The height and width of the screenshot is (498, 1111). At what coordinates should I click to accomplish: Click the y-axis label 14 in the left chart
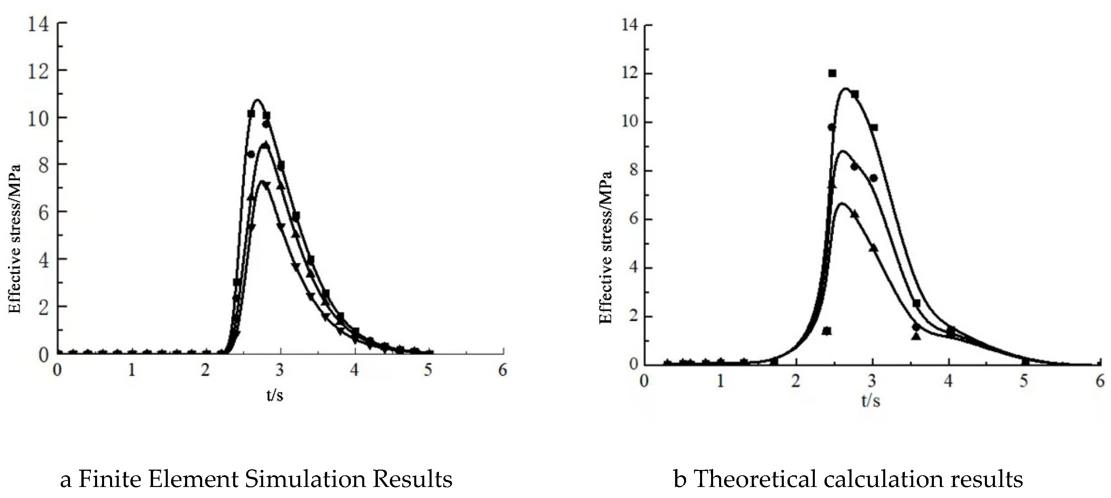click(x=38, y=24)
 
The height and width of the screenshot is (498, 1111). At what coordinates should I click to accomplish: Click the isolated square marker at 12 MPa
click(x=832, y=73)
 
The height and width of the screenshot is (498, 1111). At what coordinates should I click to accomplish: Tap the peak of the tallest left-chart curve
click(x=257, y=100)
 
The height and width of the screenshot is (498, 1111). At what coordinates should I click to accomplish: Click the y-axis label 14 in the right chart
click(x=630, y=25)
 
